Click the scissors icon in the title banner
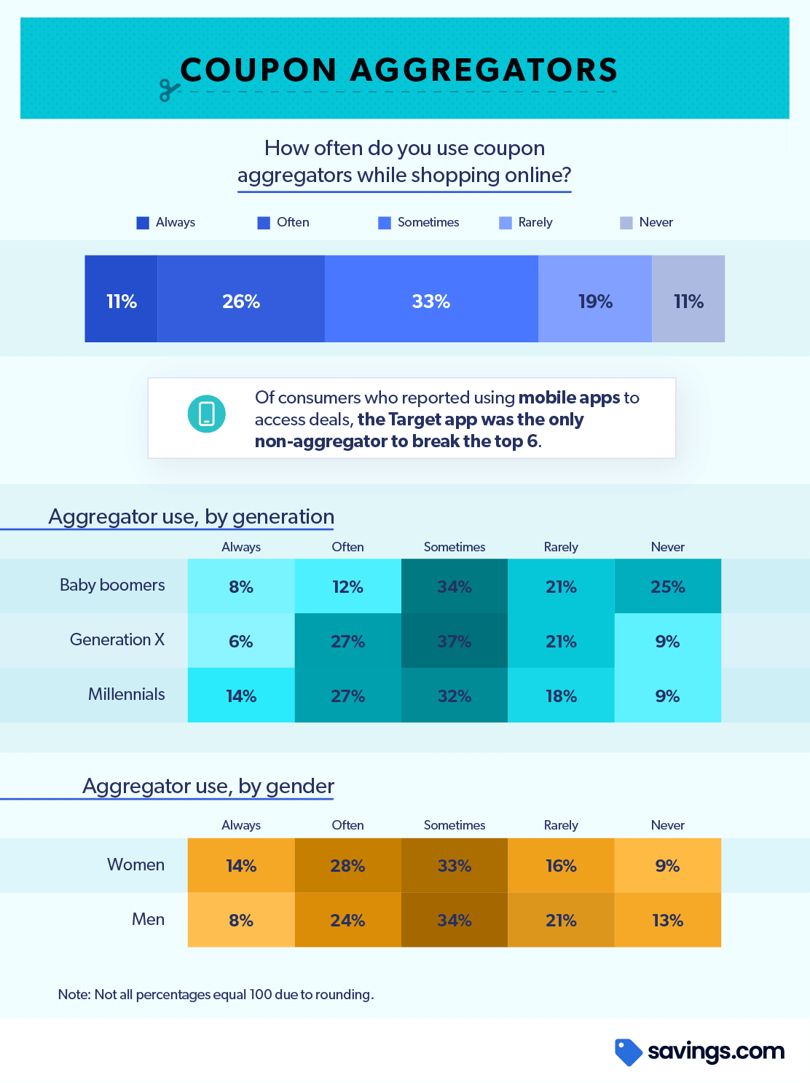169,90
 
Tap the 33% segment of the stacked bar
431,299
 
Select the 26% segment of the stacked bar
241,299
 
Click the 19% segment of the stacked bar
594,299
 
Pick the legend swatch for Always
143,223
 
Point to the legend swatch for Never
626,223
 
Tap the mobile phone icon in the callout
206,414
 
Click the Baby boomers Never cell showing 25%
667,586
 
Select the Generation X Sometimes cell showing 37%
454,641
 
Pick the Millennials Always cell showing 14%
241,696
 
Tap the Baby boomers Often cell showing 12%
347,586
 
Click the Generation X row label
117,639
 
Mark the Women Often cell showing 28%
347,865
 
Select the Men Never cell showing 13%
667,920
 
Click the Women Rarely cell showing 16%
561,865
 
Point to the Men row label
148,919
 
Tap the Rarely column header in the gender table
561,825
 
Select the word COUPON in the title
258,70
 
